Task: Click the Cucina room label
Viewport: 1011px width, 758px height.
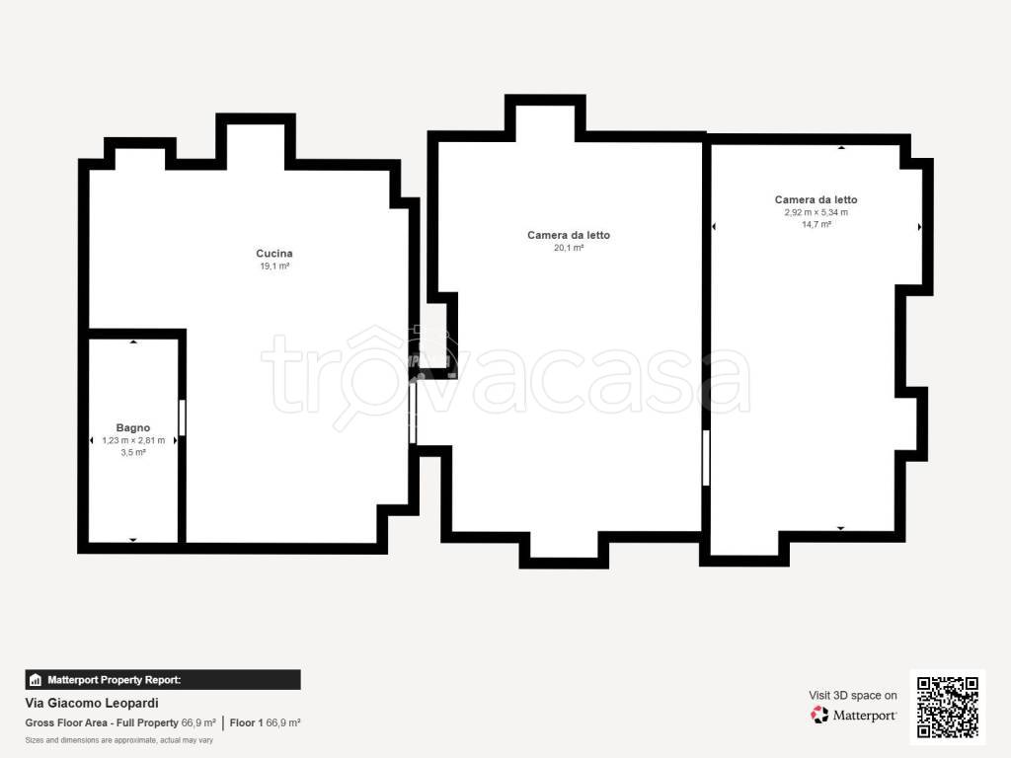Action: pos(274,254)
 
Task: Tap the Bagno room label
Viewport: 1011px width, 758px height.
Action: pos(133,427)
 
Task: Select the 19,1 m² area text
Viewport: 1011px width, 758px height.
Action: pos(274,266)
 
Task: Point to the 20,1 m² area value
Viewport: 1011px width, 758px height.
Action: pos(569,248)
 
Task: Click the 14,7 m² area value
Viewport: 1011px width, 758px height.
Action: pos(817,224)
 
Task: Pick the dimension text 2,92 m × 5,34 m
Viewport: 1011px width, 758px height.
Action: pos(817,212)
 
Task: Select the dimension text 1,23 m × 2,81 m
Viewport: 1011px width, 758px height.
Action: pos(133,440)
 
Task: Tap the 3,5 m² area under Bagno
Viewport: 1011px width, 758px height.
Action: pos(133,452)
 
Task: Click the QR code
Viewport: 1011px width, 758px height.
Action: pos(947,707)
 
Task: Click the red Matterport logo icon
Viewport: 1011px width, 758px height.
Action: pos(819,715)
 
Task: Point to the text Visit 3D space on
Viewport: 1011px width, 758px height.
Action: pos(853,696)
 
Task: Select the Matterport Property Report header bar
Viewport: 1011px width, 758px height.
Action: pos(163,680)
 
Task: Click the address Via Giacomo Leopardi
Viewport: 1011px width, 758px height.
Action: pos(92,703)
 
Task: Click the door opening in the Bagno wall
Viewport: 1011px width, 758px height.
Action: pos(183,417)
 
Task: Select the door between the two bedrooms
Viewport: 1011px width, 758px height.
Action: pos(706,458)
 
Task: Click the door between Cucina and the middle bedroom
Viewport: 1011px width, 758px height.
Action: pos(413,414)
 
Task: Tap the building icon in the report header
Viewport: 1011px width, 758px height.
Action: pos(36,680)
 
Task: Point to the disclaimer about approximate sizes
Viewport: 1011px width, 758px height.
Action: pos(119,740)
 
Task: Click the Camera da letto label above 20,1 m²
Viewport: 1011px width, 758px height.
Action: pos(569,235)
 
